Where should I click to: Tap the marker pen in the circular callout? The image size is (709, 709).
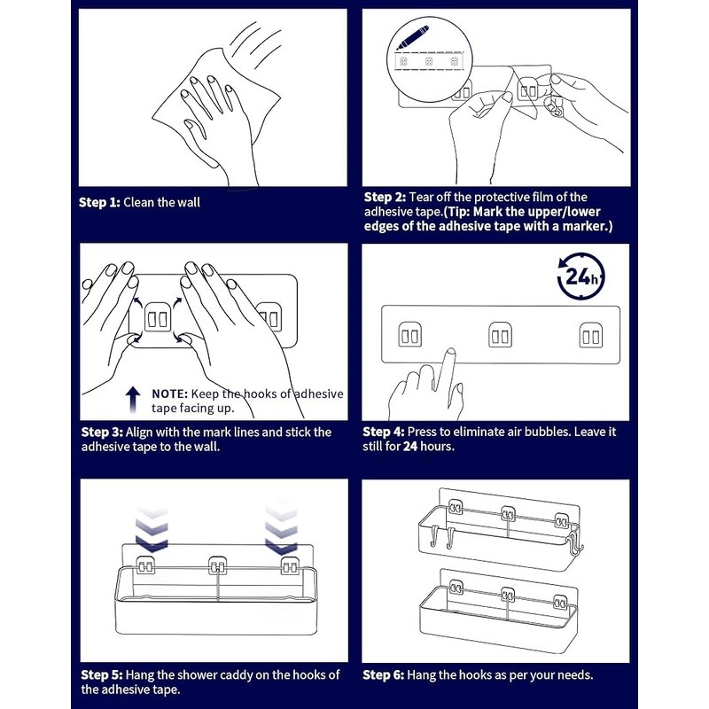click(x=412, y=38)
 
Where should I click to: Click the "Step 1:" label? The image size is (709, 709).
click(x=99, y=203)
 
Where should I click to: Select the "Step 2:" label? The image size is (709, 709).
click(x=385, y=197)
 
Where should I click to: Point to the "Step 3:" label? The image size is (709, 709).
click(x=102, y=432)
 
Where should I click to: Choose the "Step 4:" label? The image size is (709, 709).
click(x=384, y=432)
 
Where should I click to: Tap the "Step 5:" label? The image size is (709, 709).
click(x=102, y=675)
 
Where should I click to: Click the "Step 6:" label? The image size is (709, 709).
click(x=384, y=675)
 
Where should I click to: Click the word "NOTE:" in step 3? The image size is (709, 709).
click(x=169, y=393)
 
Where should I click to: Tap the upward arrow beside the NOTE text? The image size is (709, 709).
click(x=132, y=400)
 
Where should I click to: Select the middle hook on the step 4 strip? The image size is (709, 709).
click(x=500, y=335)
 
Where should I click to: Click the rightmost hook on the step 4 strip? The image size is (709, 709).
click(x=590, y=335)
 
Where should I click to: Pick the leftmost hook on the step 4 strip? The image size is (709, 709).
click(x=410, y=335)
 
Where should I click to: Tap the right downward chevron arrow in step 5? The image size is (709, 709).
click(x=281, y=527)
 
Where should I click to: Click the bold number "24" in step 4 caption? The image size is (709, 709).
click(x=410, y=447)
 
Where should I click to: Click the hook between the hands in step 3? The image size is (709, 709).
click(x=158, y=319)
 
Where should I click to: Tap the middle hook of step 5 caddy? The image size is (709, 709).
click(x=217, y=566)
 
